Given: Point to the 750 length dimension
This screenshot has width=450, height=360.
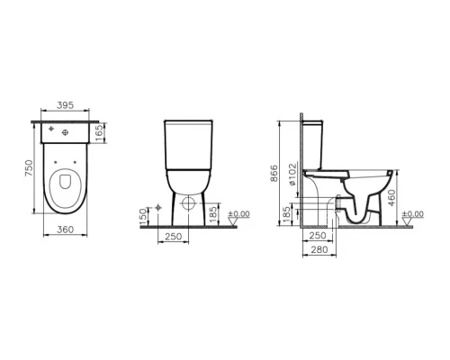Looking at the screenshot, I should (x=29, y=168).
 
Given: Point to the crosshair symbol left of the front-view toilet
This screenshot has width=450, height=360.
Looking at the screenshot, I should (x=158, y=208).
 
